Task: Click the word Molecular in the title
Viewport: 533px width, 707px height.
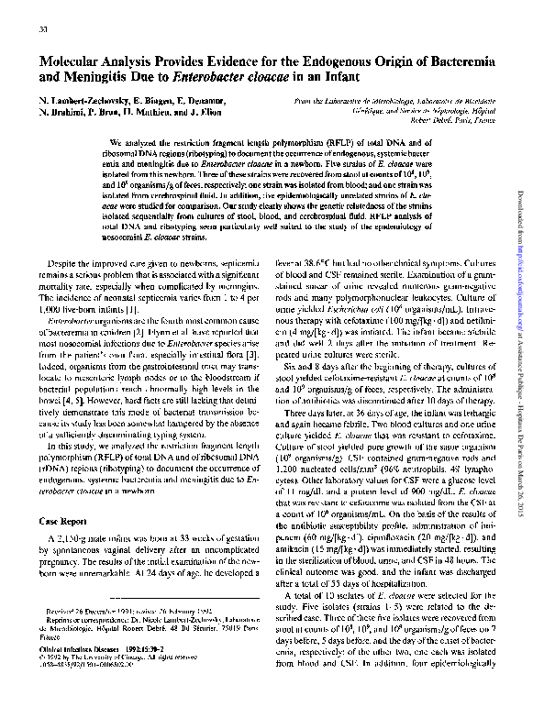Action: pyautogui.click(x=75, y=61)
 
